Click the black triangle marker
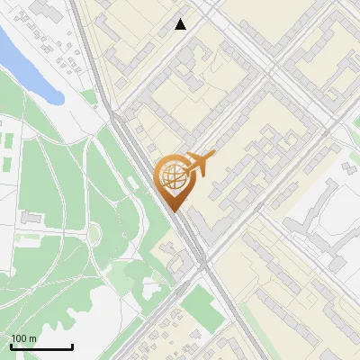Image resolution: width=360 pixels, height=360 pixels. (x=181, y=24)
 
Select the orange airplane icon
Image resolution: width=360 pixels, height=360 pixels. (x=199, y=165)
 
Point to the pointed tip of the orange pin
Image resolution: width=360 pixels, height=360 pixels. (x=172, y=211)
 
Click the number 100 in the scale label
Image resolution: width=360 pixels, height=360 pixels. (x=20, y=338)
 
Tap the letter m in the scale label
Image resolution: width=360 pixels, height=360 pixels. (x=33, y=338)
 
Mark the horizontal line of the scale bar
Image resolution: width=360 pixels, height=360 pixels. (x=41, y=346)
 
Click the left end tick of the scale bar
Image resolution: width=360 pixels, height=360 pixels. (x=11, y=345)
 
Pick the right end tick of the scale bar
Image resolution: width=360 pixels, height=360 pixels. (x=72, y=345)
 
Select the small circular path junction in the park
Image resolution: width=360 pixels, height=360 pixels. (x=93, y=235)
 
